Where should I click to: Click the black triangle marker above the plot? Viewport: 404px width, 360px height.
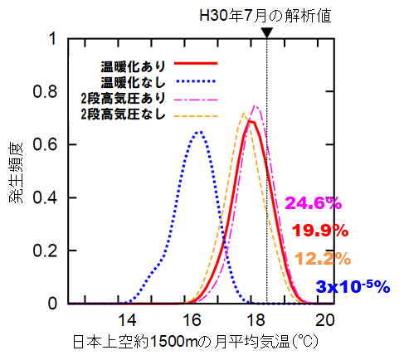(x=266, y=32)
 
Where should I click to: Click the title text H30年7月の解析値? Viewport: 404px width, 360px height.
(x=266, y=14)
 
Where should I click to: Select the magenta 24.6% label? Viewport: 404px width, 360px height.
(x=313, y=202)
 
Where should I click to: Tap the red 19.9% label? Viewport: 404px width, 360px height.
(x=320, y=231)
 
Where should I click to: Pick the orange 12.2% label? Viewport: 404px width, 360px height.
(x=321, y=258)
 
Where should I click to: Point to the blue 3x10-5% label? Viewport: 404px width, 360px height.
(x=353, y=286)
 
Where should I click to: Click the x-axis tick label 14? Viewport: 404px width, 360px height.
(x=126, y=321)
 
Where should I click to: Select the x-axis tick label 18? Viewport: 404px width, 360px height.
(x=258, y=321)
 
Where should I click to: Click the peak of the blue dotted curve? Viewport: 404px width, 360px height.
(x=198, y=131)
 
